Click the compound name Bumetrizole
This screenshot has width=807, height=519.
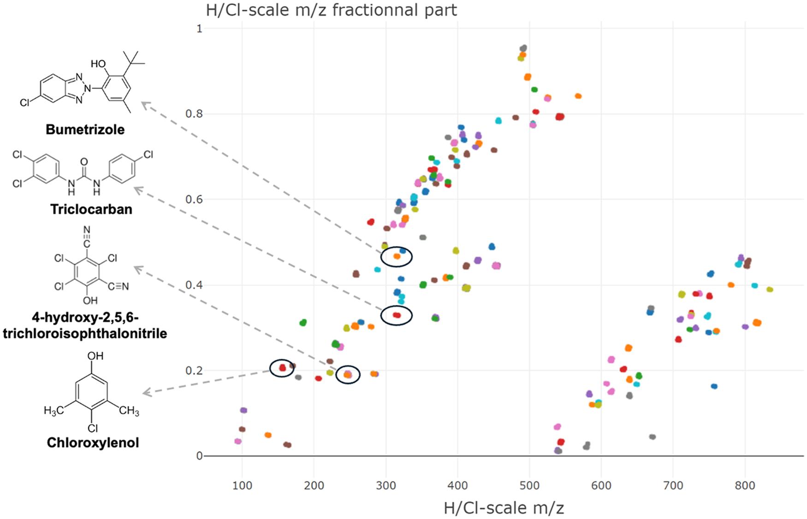pos(85,129)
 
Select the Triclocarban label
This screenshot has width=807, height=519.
pos(91,209)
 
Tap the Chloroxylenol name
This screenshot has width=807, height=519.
pos(93,442)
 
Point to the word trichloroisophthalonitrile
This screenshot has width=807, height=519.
pos(85,333)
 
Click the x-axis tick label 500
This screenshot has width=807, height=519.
pos(529,485)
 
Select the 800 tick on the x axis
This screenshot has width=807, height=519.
pos(745,485)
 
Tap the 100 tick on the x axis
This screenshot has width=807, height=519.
pos(242,485)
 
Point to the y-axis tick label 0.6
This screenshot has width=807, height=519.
pos(193,199)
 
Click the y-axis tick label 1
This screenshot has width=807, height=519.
pos(199,29)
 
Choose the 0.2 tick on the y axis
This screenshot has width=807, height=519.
pos(193,370)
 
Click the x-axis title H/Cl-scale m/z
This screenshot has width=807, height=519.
pos(504,507)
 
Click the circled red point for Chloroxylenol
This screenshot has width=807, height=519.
pos(283,368)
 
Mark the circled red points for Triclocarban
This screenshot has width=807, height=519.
pos(397,315)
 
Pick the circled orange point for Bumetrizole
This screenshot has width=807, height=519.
pos(397,256)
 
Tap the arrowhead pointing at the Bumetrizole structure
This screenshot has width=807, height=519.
pos(143,104)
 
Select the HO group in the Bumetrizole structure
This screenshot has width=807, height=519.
pos(98,64)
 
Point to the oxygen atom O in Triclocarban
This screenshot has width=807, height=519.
pos(83,161)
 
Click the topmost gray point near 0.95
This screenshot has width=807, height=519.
pos(523,48)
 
